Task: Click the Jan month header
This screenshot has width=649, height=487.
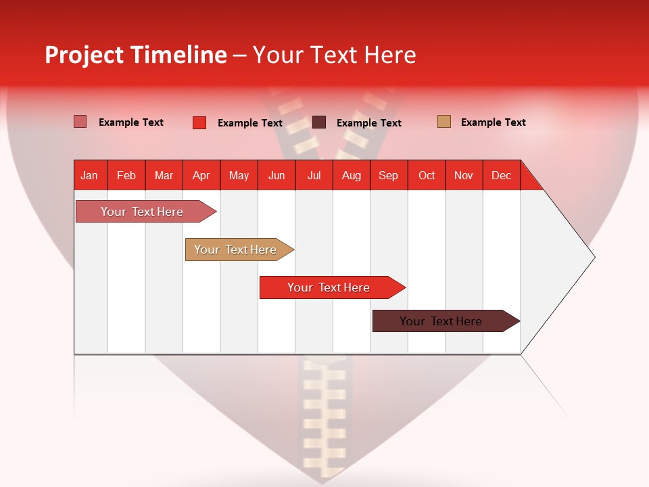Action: coord(90,175)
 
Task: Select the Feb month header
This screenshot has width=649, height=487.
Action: coord(126,175)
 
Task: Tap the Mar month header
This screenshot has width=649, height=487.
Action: coord(164,175)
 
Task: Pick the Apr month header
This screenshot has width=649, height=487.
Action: coord(201,175)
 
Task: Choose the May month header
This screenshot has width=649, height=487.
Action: coord(239,175)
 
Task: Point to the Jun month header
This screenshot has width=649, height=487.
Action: coord(277,175)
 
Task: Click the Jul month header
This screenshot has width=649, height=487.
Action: coord(314,175)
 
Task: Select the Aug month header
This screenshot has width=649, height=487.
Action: coord(352,175)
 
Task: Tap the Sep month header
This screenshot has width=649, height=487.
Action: coord(389,175)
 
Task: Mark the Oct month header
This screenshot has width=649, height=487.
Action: coord(427,175)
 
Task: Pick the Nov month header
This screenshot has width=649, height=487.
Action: coord(464,175)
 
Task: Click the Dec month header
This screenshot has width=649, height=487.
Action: coord(502,175)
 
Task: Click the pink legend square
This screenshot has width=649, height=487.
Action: coord(80,122)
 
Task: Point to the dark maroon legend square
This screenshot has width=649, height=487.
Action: coord(319,122)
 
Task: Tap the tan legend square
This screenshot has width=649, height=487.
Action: coord(443,122)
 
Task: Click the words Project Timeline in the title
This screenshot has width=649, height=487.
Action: coord(136,55)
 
